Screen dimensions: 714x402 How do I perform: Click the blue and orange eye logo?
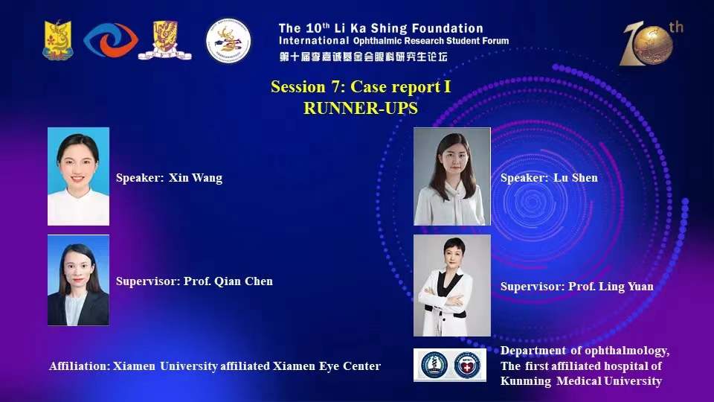click(x=111, y=40)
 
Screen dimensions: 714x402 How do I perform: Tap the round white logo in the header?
click(x=228, y=40)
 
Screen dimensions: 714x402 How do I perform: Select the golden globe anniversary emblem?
click(x=652, y=44)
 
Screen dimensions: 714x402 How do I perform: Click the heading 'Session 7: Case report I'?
click(x=361, y=86)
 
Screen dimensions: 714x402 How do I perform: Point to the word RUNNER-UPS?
click(x=361, y=108)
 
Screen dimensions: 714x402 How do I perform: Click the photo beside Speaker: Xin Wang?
click(x=78, y=176)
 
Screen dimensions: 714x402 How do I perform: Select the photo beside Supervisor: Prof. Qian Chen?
click(x=78, y=281)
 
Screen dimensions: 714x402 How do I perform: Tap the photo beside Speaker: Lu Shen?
click(x=452, y=176)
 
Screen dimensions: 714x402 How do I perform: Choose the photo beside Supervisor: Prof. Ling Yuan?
click(x=452, y=285)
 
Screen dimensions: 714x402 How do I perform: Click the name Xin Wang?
click(x=196, y=178)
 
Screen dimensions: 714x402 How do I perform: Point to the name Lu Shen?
click(x=576, y=178)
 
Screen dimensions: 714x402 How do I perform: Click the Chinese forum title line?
click(x=364, y=57)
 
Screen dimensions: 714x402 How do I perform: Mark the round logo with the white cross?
click(x=467, y=365)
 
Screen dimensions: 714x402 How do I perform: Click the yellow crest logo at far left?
click(x=58, y=40)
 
